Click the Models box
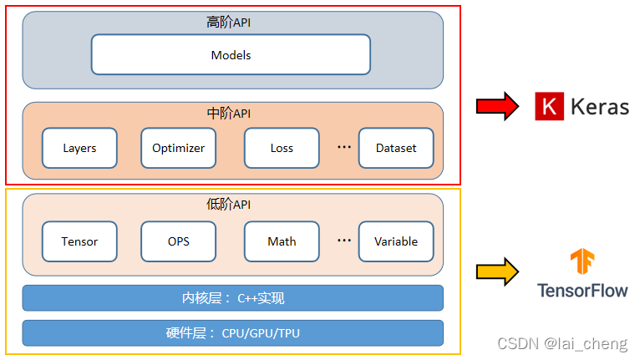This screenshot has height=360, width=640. [x=231, y=55]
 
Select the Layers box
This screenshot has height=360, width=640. [x=79, y=148]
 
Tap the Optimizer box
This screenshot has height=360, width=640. [x=178, y=148]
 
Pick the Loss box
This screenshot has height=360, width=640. [x=282, y=148]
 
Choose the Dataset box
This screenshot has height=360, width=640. [x=396, y=148]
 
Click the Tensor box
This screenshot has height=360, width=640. [x=79, y=241]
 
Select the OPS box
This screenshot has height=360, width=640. [x=178, y=241]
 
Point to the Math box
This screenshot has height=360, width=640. [x=282, y=241]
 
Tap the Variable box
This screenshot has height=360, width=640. [x=396, y=241]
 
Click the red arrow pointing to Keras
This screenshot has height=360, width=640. [x=497, y=107]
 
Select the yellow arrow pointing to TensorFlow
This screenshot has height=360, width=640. [x=497, y=272]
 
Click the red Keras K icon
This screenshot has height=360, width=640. [x=548, y=107]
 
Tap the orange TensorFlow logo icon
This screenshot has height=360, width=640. [x=582, y=262]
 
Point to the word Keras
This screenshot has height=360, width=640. [x=599, y=107]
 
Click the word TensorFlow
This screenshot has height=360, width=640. [x=582, y=291]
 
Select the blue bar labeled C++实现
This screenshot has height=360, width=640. [x=232, y=298]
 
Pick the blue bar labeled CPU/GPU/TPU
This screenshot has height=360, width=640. [x=232, y=333]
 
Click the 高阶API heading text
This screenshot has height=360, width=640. [x=228, y=23]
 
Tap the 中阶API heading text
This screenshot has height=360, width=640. [x=228, y=114]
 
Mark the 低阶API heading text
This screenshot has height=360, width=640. [x=228, y=205]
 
